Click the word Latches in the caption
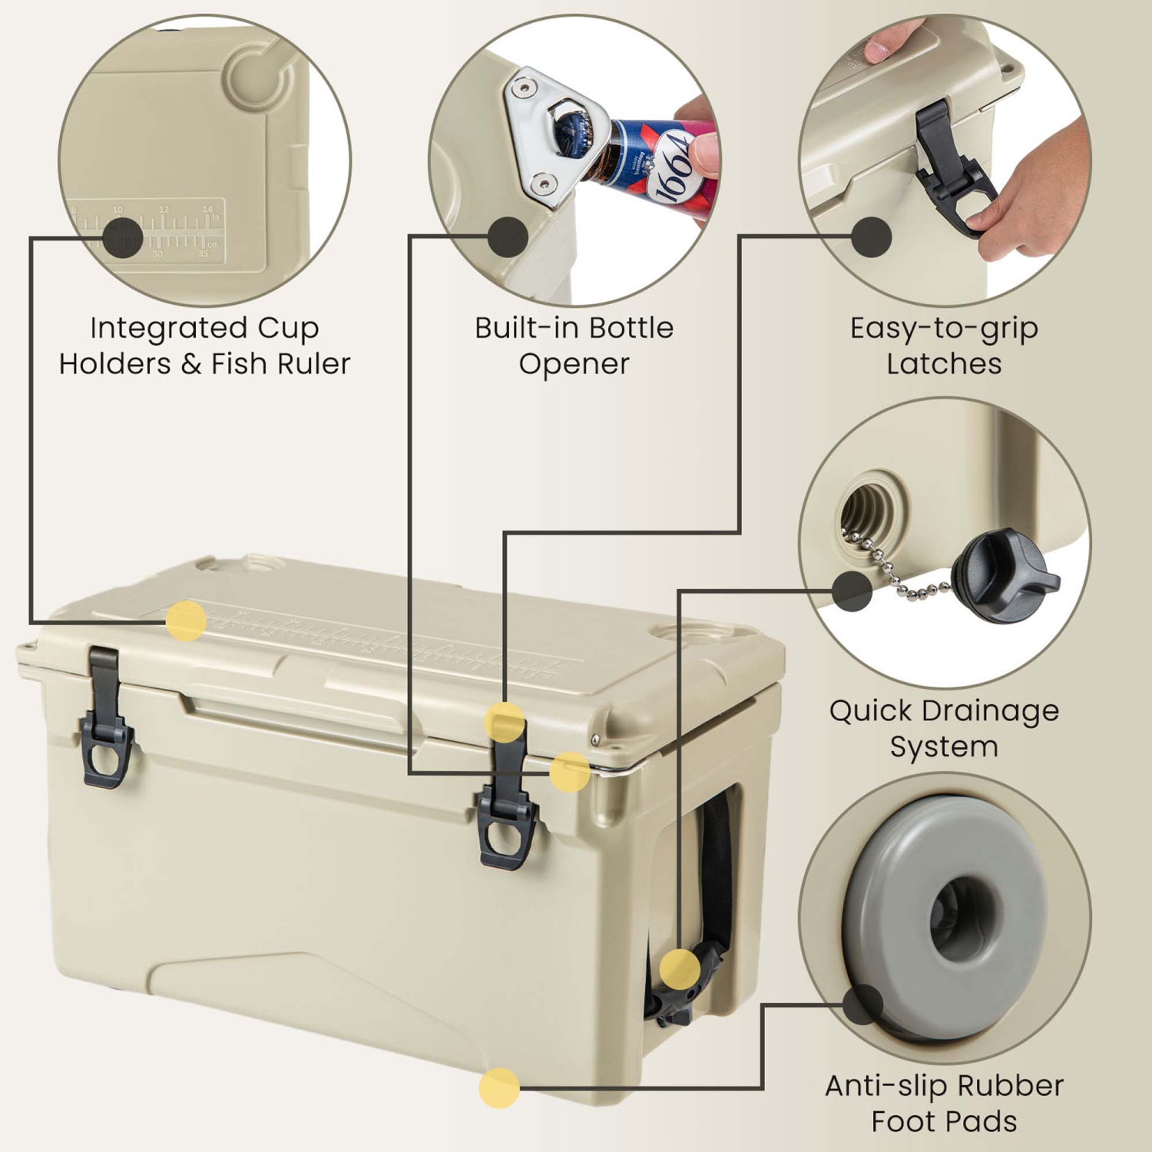tap(944, 363)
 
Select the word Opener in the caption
tap(574, 363)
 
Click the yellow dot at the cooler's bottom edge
tap(499, 1087)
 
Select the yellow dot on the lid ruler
tap(186, 621)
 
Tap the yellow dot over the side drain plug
tap(680, 968)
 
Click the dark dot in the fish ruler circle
tap(122, 237)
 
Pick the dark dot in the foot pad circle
tap(862, 1004)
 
